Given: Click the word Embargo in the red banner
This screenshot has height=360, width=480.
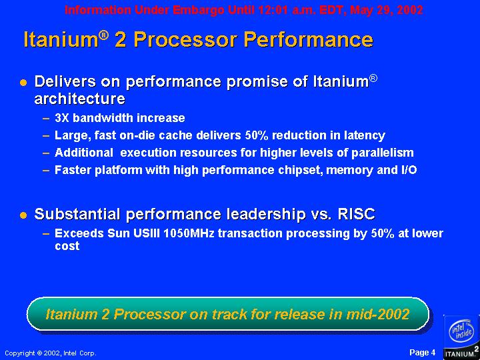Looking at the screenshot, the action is [x=199, y=10].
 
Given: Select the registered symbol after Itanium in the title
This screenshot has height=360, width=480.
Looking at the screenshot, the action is [x=104, y=35].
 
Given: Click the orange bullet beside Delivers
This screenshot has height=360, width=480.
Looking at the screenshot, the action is [x=23, y=83].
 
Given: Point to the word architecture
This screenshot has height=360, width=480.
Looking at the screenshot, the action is [x=79, y=99].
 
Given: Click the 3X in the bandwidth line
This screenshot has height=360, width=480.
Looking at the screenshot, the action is [x=62, y=118].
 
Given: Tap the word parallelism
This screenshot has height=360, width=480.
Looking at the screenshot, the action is [x=383, y=153].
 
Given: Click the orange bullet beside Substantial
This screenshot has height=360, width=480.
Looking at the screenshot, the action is [x=23, y=215].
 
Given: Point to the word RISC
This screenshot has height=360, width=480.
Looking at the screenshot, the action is [x=356, y=214].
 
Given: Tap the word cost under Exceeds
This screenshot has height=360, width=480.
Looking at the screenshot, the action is [x=67, y=246].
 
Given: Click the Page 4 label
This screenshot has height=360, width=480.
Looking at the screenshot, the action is [x=423, y=353].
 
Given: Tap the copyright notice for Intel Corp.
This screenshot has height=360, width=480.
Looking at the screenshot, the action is [x=51, y=353].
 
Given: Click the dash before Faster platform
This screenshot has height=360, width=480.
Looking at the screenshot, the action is [x=46, y=170].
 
